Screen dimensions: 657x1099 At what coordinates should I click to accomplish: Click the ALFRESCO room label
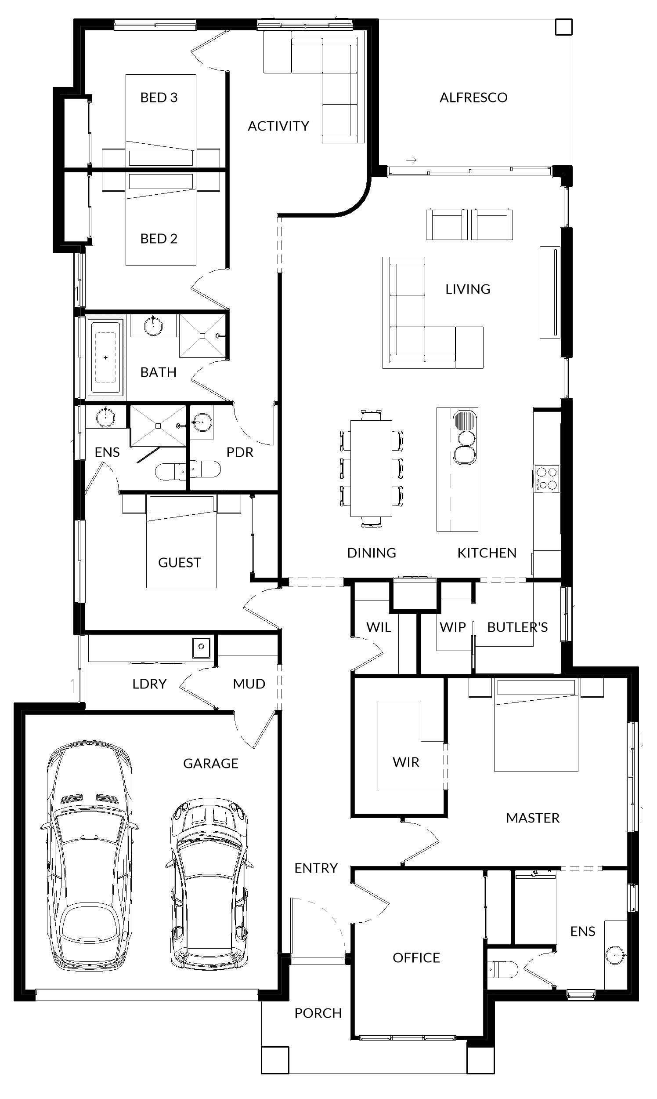coord(473,98)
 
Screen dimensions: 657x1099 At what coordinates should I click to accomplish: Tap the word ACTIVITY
coord(278,126)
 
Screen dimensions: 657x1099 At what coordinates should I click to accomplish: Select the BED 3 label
coord(159,98)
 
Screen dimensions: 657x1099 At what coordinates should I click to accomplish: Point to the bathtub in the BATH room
coord(105,357)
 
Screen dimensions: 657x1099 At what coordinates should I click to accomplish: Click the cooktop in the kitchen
coord(547,479)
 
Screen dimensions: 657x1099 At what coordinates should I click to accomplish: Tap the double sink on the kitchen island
coord(464,437)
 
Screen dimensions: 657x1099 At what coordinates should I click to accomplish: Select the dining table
coord(371,468)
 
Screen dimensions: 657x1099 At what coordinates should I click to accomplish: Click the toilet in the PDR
coord(205,469)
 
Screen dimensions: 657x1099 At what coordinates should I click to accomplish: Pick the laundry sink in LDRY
coord(201,648)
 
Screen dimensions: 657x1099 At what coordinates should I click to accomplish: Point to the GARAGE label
coord(211,763)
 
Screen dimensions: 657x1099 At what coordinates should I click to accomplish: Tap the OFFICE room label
coord(416,957)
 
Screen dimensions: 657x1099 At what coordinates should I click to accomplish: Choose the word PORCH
coord(318,1013)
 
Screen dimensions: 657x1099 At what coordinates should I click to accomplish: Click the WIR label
coord(405,762)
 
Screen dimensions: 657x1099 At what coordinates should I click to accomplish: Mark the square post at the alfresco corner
coord(563,27)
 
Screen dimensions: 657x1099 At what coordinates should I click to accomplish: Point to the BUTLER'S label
coord(517,627)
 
